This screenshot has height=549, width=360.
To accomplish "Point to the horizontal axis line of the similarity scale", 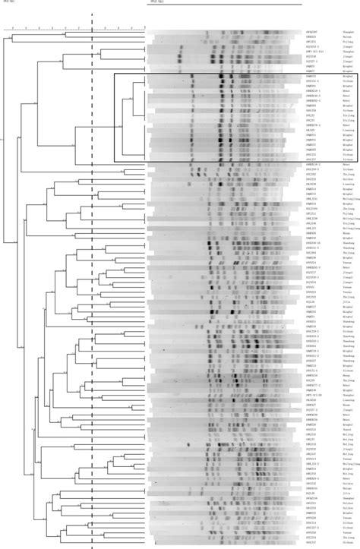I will (x=76, y=31).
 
